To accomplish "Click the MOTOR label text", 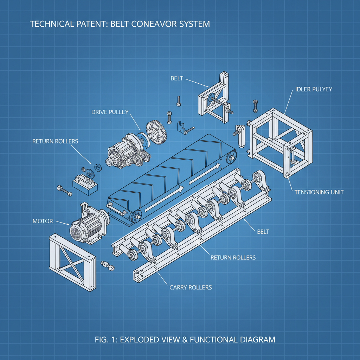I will click(x=43, y=221).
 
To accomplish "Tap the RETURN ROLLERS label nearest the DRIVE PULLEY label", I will click(x=55, y=141).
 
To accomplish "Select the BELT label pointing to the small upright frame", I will click(x=176, y=78).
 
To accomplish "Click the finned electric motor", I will click(x=86, y=226).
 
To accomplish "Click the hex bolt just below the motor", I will click(x=108, y=266).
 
